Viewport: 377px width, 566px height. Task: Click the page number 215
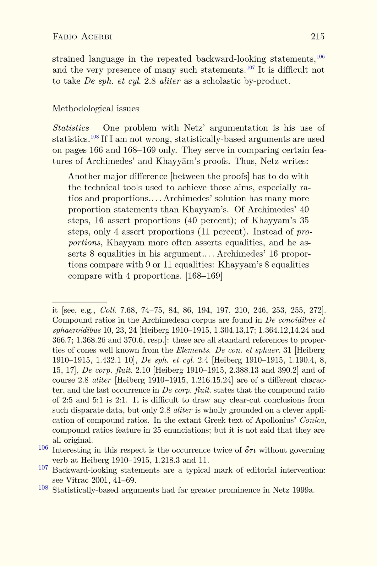pyautogui.click(x=318, y=37)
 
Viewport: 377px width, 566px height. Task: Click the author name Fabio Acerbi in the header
pyautogui.click(x=82, y=37)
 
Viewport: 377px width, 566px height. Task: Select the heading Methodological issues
pyautogui.click(x=96, y=108)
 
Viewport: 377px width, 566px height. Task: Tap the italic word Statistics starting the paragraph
pyautogui.click(x=71, y=128)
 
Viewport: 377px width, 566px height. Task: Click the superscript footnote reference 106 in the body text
pyautogui.click(x=320, y=57)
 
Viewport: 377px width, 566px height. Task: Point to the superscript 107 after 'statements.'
pyautogui.click(x=250, y=68)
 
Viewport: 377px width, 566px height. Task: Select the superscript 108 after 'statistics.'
pyautogui.click(x=95, y=137)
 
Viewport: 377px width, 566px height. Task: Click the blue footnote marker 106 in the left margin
pyautogui.click(x=43, y=447)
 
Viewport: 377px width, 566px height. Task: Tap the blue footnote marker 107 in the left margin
pyautogui.click(x=43, y=468)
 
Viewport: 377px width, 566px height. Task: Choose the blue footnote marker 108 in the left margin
pyautogui.click(x=43, y=488)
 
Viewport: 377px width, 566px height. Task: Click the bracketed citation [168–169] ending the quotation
pyautogui.click(x=204, y=276)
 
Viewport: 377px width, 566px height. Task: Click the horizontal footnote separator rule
pyautogui.click(x=79, y=302)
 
